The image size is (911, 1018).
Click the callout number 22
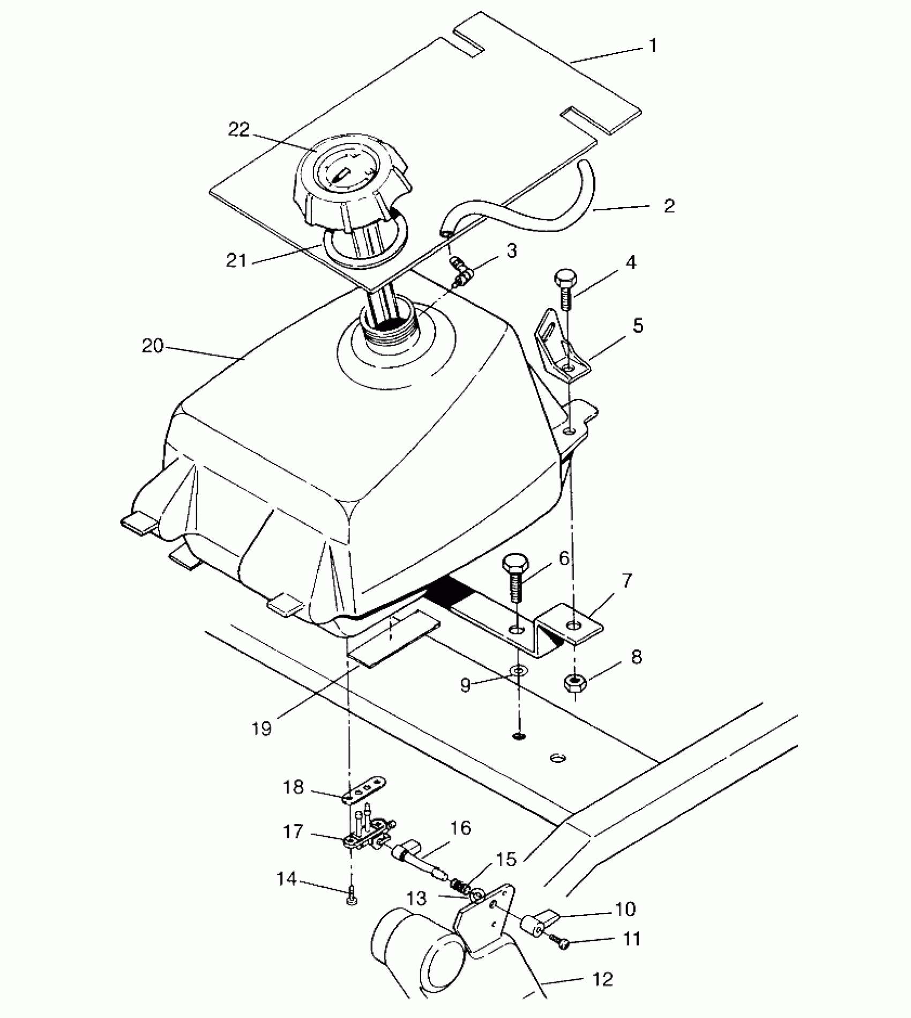tap(239, 130)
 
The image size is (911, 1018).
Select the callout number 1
tap(653, 46)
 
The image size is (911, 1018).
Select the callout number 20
tap(152, 346)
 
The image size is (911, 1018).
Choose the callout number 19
tap(262, 729)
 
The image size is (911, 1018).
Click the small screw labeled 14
tap(352, 895)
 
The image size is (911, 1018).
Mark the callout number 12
tap(603, 980)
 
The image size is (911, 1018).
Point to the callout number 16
tap(461, 829)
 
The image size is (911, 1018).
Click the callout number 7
tap(626, 580)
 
